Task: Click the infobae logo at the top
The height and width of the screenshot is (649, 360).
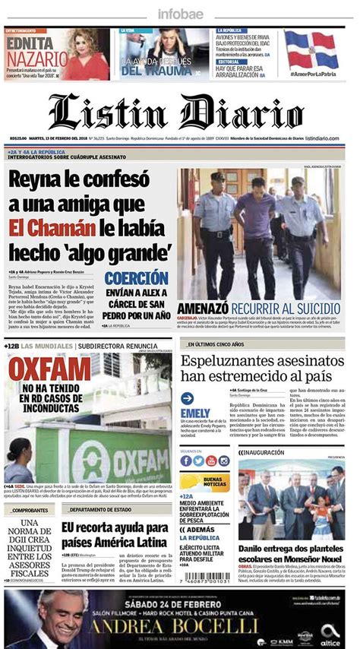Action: (179, 14)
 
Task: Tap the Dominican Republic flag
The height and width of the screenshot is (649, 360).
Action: (311, 51)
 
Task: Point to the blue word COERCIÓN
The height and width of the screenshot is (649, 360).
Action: (136, 278)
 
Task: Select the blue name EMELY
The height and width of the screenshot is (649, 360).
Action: (195, 413)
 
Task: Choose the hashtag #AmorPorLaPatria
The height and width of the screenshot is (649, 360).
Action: (311, 74)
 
